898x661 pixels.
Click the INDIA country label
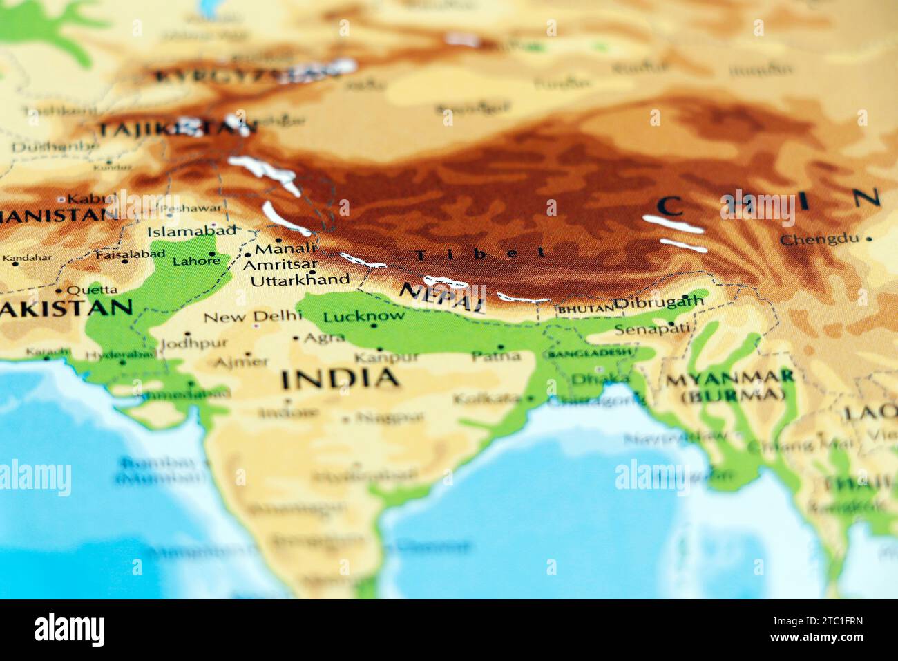point(340,378)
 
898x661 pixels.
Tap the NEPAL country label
point(442,297)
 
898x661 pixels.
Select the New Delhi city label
point(253,317)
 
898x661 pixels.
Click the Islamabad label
point(191,231)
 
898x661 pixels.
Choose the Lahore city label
point(195,261)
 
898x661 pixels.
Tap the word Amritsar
point(280,264)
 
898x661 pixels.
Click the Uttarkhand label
point(300,280)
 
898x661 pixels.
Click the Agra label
point(324,337)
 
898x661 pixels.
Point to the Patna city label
point(496,356)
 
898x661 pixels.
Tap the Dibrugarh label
point(659,302)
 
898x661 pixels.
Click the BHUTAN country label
point(585,309)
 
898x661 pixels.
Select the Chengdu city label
point(819,240)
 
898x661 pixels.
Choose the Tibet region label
point(480,254)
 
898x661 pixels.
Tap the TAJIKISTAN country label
point(175,129)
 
